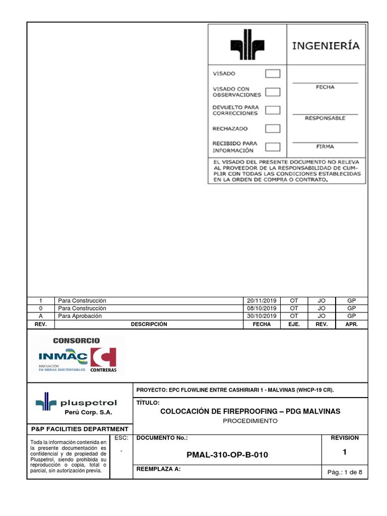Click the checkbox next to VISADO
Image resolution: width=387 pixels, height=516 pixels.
coord(273,74)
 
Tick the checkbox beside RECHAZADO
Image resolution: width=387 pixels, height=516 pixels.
coord(273,128)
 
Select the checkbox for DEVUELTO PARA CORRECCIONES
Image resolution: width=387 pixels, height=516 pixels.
coord(273,110)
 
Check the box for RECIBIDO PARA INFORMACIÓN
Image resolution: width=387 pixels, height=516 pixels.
coord(273,147)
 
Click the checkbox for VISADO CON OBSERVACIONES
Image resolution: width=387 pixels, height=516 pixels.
coord(273,92)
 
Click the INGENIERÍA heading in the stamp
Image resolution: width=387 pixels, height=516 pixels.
coord(327,46)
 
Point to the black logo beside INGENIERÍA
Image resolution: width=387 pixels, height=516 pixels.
coord(247,45)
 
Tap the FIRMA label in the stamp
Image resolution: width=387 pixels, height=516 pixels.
coord(325,147)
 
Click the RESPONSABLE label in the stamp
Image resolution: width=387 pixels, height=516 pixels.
coord(325,118)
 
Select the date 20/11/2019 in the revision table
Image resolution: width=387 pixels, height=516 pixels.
coord(262,301)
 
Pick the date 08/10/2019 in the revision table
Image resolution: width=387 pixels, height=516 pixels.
coord(262,308)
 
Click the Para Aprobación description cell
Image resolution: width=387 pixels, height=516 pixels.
coord(80,316)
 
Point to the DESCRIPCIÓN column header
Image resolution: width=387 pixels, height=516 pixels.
coord(149,325)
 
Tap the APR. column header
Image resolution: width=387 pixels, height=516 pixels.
coord(351,325)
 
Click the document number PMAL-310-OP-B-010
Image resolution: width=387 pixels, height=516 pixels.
coord(227,455)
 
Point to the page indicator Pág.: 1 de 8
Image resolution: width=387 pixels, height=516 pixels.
coord(345,472)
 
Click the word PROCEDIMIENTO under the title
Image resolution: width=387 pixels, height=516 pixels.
coord(250,421)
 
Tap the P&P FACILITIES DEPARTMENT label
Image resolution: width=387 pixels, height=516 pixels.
coord(80,429)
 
